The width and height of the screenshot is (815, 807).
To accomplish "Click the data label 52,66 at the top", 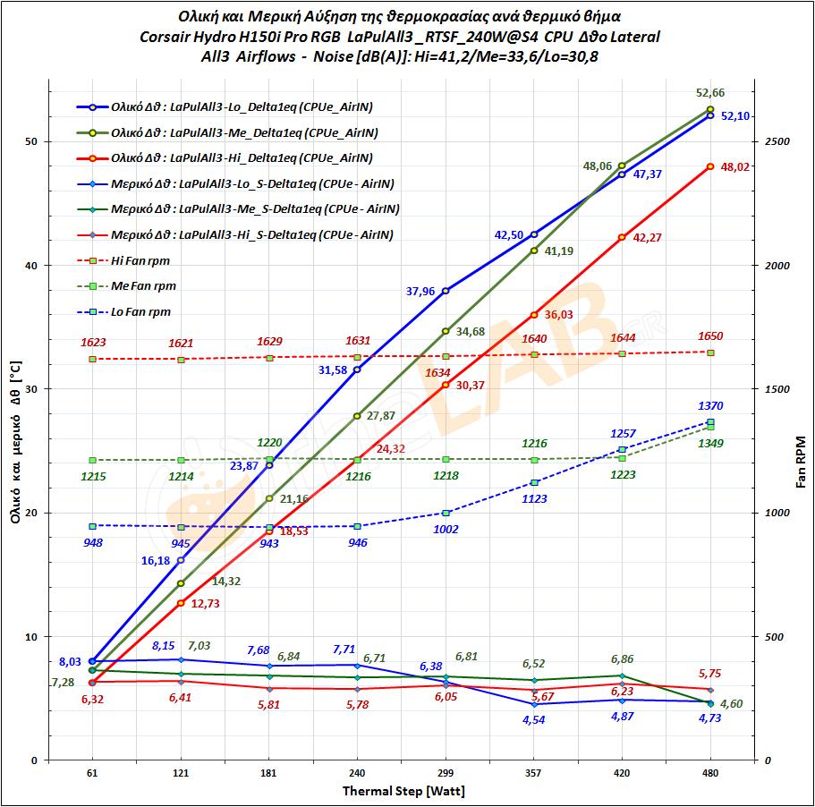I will pos(709,92).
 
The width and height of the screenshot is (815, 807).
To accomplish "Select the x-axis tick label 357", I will pos(533,773).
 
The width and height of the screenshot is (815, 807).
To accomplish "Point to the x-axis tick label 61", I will pos(92,773).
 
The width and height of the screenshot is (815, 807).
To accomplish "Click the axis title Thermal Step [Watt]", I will pos(403,791).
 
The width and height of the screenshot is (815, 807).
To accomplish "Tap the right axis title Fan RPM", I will pos(801,462).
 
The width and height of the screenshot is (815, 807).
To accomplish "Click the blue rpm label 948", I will pos(92,542).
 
